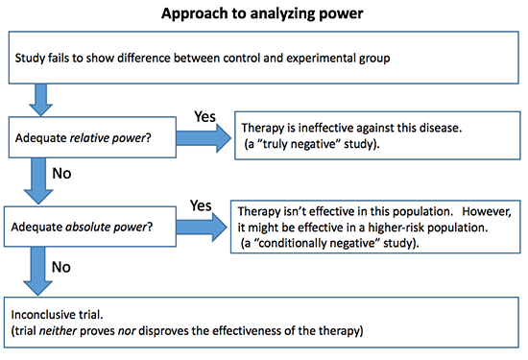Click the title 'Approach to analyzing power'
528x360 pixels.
[x=264, y=14]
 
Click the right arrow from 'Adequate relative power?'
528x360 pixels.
[x=203, y=140]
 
